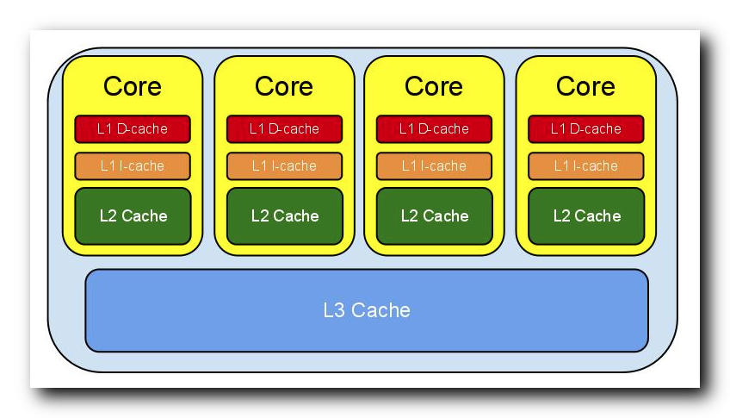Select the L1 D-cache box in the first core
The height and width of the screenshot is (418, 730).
click(133, 129)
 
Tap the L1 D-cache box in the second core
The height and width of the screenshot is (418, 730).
click(284, 129)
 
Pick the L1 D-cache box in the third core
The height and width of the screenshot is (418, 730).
click(434, 129)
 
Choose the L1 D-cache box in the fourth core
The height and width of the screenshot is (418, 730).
click(585, 129)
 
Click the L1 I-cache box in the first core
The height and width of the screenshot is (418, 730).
click(133, 165)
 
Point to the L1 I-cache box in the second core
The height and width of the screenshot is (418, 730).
click(284, 165)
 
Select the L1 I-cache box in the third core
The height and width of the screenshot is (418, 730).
click(434, 165)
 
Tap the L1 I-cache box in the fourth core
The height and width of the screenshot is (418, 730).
click(585, 165)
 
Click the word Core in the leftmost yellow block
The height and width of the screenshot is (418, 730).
click(133, 87)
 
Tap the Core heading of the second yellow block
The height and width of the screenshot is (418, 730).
click(284, 87)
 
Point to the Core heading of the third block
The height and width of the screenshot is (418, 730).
click(434, 87)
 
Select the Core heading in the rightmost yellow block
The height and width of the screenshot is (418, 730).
click(585, 87)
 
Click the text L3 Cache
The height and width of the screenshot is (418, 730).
click(367, 310)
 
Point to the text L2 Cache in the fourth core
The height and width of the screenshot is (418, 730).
click(585, 215)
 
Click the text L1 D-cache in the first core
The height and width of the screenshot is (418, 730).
click(133, 129)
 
